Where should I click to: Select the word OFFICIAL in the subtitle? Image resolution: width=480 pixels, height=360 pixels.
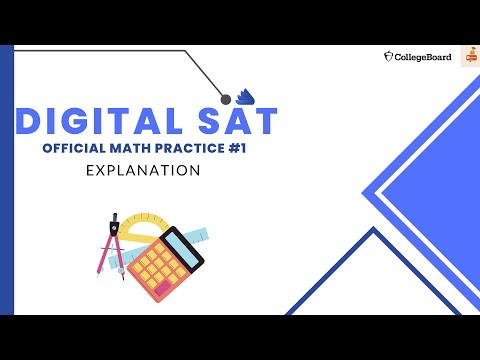75,149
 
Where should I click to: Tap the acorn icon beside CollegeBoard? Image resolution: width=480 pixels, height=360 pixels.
389,57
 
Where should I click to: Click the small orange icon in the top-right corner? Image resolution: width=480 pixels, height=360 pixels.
468,58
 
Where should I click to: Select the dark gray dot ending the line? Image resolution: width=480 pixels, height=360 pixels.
226,98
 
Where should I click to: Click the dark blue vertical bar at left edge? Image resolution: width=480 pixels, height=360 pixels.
7,180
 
